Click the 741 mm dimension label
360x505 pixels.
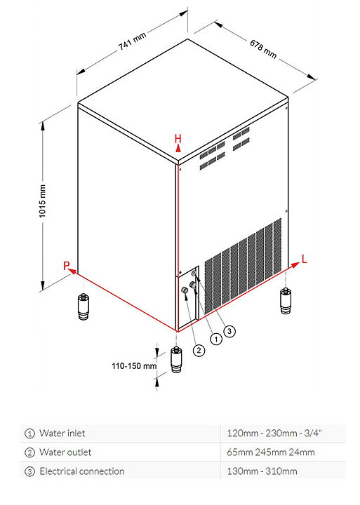[x=133, y=41]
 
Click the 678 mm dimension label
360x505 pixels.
[x=263, y=48]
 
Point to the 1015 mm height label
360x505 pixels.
[x=43, y=201]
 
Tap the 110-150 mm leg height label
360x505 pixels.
[x=134, y=366]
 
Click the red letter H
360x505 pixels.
[x=178, y=138]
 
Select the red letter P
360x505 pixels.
[x=67, y=266]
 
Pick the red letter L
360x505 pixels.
[x=304, y=259]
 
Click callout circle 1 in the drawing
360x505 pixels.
[x=216, y=339]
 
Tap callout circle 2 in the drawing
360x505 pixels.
[x=199, y=350]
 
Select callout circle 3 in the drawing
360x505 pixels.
[x=229, y=331]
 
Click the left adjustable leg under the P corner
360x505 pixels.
[x=84, y=307]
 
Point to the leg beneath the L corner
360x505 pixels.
[x=286, y=300]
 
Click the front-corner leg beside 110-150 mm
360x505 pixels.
[x=176, y=359]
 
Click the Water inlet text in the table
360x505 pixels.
[x=62, y=433]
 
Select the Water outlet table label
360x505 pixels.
[x=65, y=452]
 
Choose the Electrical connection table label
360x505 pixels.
[x=82, y=471]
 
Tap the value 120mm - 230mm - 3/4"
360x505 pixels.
[x=274, y=433]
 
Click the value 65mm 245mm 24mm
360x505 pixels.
[x=271, y=452]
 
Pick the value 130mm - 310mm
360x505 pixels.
[x=262, y=471]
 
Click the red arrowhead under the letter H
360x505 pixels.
[x=178, y=148]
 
